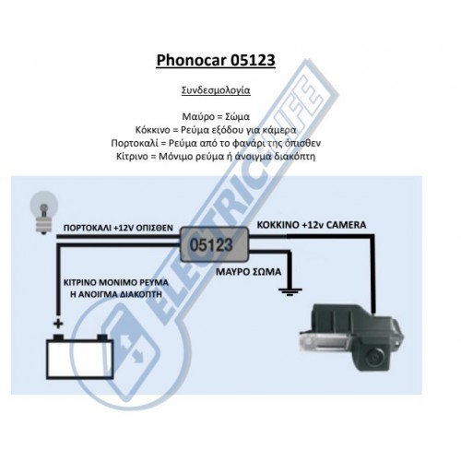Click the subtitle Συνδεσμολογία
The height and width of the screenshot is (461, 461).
point(219,92)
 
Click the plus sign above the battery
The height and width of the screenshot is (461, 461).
point(58,324)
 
